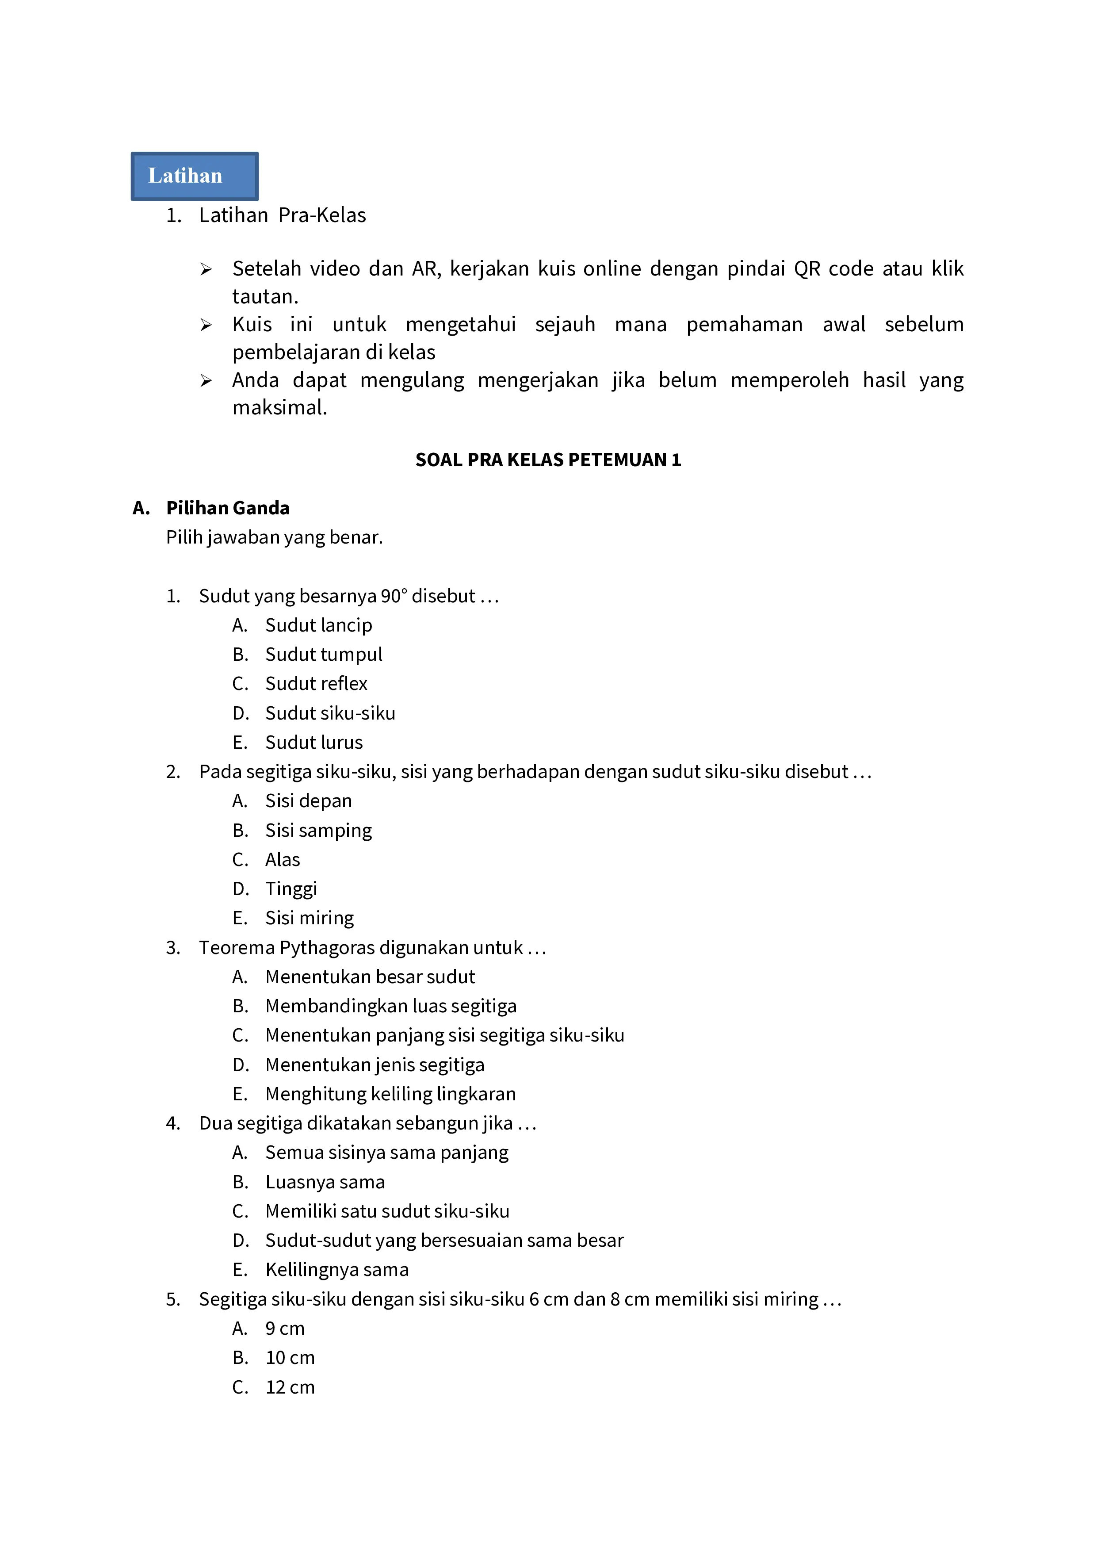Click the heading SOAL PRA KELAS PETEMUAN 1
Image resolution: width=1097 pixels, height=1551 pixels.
pyautogui.click(x=548, y=460)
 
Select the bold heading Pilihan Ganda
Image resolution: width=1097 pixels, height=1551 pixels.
pyautogui.click(x=228, y=508)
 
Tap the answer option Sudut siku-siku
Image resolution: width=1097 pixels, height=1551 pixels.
pyautogui.click(x=330, y=713)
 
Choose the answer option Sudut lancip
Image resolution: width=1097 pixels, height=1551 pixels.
pyautogui.click(x=318, y=625)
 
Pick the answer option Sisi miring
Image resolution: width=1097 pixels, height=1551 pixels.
pyautogui.click(x=310, y=918)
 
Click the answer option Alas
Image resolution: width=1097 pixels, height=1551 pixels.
pyautogui.click(x=283, y=860)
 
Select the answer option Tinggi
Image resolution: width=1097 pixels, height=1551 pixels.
pyautogui.click(x=291, y=889)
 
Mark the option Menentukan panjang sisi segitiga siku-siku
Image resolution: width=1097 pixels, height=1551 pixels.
pyautogui.click(x=444, y=1036)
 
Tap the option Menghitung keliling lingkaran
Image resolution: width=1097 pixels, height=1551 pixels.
pyautogui.click(x=390, y=1094)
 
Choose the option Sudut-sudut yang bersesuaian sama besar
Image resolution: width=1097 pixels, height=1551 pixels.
pyautogui.click(x=444, y=1241)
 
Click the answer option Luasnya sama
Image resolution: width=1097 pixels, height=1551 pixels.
pyautogui.click(x=325, y=1182)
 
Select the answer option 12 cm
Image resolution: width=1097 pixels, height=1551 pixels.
pyautogui.click(x=290, y=1387)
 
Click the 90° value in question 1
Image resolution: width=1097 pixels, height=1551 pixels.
pyautogui.click(x=394, y=597)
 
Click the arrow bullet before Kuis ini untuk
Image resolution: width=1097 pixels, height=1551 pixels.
pyautogui.click(x=206, y=326)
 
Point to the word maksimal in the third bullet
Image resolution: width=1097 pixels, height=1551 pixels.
pyautogui.click(x=279, y=408)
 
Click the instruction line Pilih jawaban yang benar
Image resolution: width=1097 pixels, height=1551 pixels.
pyautogui.click(x=274, y=538)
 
